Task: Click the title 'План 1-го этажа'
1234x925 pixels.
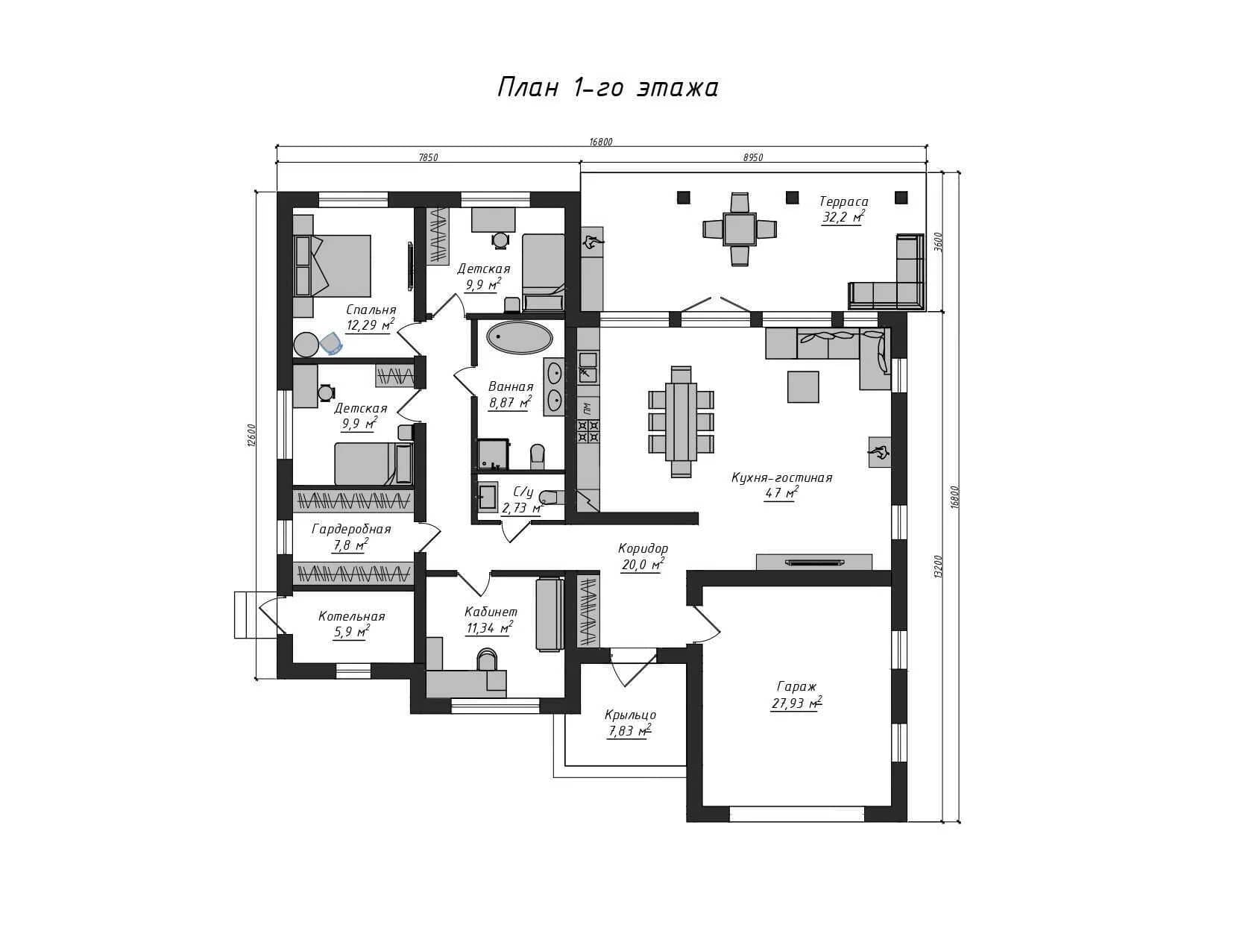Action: point(608,88)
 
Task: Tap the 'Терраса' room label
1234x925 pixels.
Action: point(843,201)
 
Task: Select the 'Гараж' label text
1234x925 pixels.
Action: point(796,686)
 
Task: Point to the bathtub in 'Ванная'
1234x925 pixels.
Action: point(520,337)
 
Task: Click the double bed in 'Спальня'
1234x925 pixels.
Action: point(333,266)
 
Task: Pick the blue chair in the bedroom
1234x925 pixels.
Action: point(332,344)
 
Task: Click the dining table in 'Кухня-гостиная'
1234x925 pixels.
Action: point(681,421)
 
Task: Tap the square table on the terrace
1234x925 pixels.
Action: point(739,229)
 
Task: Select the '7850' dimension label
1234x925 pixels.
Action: point(428,157)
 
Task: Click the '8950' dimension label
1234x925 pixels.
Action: point(753,157)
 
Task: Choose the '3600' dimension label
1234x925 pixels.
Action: point(938,241)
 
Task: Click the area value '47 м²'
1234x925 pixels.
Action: point(781,493)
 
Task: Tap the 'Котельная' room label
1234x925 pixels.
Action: point(351,616)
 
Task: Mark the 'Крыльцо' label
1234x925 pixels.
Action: point(630,715)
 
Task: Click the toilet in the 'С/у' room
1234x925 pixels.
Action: point(547,497)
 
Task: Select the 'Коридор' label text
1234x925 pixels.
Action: point(643,548)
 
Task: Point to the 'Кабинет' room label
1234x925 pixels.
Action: point(491,612)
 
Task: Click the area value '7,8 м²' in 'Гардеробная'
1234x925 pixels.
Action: point(350,545)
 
